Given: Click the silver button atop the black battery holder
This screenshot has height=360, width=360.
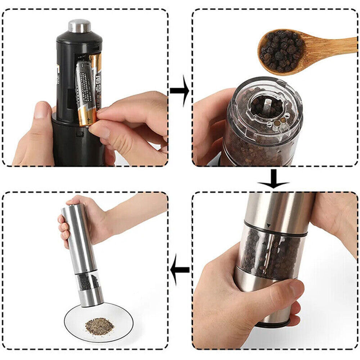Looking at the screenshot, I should click(79, 26).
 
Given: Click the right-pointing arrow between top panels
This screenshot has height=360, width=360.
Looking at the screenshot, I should click(180, 90).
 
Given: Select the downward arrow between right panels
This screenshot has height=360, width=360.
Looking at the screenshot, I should click(274, 179).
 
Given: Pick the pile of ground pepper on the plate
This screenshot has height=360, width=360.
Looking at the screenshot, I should click(99, 326).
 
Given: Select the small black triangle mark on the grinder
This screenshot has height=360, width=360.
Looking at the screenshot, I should click(268, 225).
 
